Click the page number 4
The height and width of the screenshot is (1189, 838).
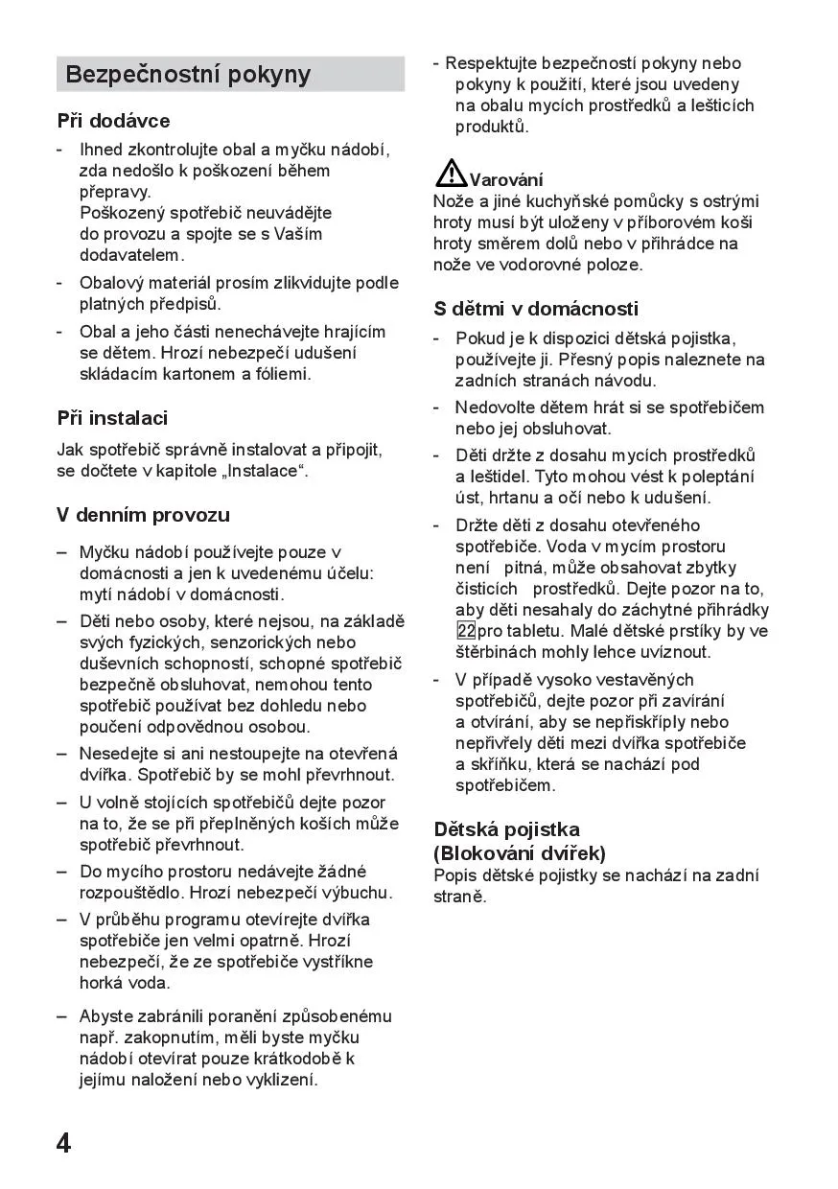pyautogui.click(x=63, y=1143)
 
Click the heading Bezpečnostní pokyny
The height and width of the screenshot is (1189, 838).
pyautogui.click(x=188, y=75)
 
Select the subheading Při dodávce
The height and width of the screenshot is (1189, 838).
pyautogui.click(x=113, y=121)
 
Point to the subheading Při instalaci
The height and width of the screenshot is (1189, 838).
pyautogui.click(x=112, y=418)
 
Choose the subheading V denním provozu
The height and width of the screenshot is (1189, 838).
pyautogui.click(x=143, y=515)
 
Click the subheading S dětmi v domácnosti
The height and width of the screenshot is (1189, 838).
pyautogui.click(x=536, y=309)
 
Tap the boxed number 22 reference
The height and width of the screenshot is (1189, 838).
pyautogui.click(x=466, y=631)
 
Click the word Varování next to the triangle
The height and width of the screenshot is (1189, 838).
pyautogui.click(x=506, y=180)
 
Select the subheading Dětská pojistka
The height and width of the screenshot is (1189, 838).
pyautogui.click(x=506, y=829)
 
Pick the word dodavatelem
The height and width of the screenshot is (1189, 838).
pyautogui.click(x=130, y=255)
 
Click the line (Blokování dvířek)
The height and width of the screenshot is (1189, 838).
pyautogui.click(x=520, y=852)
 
